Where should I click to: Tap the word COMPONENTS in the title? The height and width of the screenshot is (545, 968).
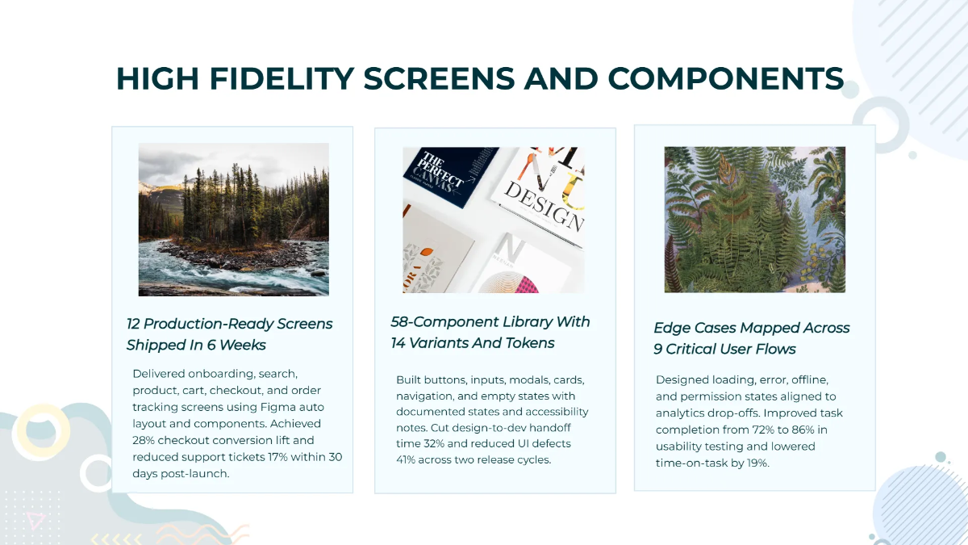(x=726, y=78)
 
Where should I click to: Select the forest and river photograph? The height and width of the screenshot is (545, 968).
(x=234, y=219)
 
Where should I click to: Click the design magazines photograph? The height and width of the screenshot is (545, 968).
(x=494, y=220)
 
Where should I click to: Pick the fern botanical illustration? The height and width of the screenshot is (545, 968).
(x=755, y=220)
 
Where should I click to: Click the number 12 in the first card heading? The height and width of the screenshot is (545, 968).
(x=135, y=324)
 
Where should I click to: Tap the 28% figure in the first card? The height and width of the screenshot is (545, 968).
(x=146, y=440)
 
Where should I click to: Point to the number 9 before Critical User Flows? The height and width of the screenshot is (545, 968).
(x=658, y=349)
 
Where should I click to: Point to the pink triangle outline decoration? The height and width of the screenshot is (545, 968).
(x=35, y=521)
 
